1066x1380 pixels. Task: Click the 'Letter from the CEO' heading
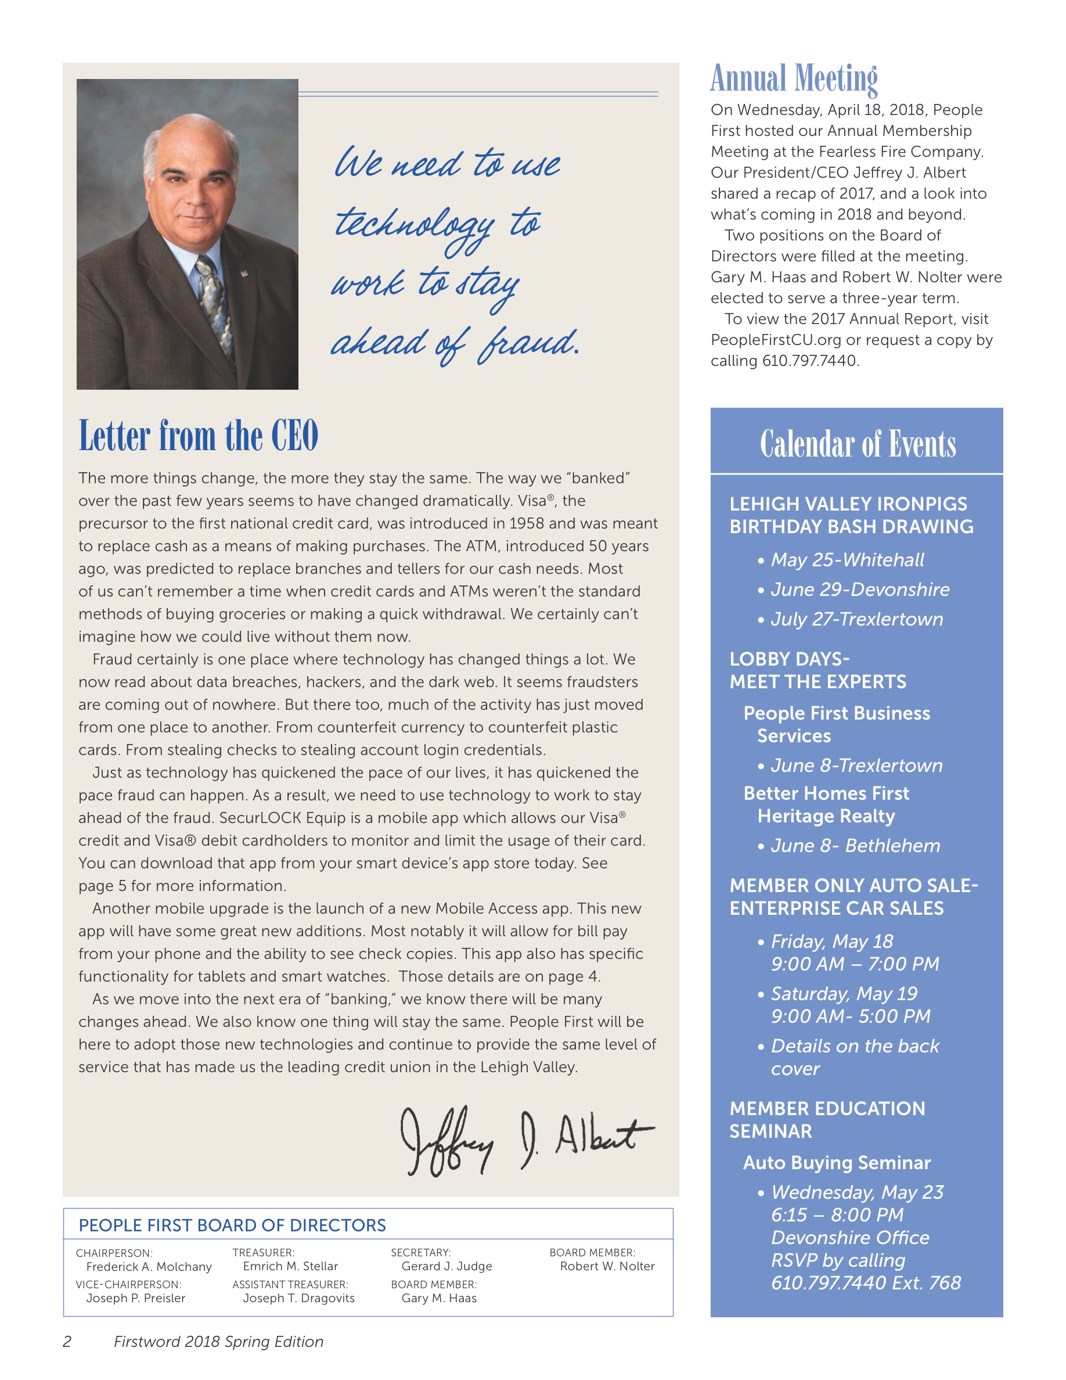pyautogui.click(x=199, y=436)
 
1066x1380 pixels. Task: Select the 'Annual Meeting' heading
pyautogui.click(x=794, y=78)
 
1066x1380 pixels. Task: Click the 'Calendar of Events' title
pyautogui.click(x=857, y=444)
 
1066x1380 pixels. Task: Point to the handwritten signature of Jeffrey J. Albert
pyautogui.click(x=527, y=1140)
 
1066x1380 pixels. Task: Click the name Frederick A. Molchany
pyautogui.click(x=149, y=1267)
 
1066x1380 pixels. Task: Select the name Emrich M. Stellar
pyautogui.click(x=290, y=1266)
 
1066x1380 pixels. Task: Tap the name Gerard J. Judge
pyautogui.click(x=446, y=1266)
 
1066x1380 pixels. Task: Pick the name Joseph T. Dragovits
pyautogui.click(x=298, y=1299)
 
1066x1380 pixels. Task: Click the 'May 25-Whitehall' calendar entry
pyautogui.click(x=847, y=560)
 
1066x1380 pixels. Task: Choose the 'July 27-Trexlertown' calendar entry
pyautogui.click(x=856, y=619)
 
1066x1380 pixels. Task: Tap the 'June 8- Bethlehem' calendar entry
pyautogui.click(x=855, y=846)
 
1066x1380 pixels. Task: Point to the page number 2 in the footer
pyautogui.click(x=67, y=1342)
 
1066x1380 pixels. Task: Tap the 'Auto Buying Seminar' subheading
pyautogui.click(x=837, y=1163)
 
